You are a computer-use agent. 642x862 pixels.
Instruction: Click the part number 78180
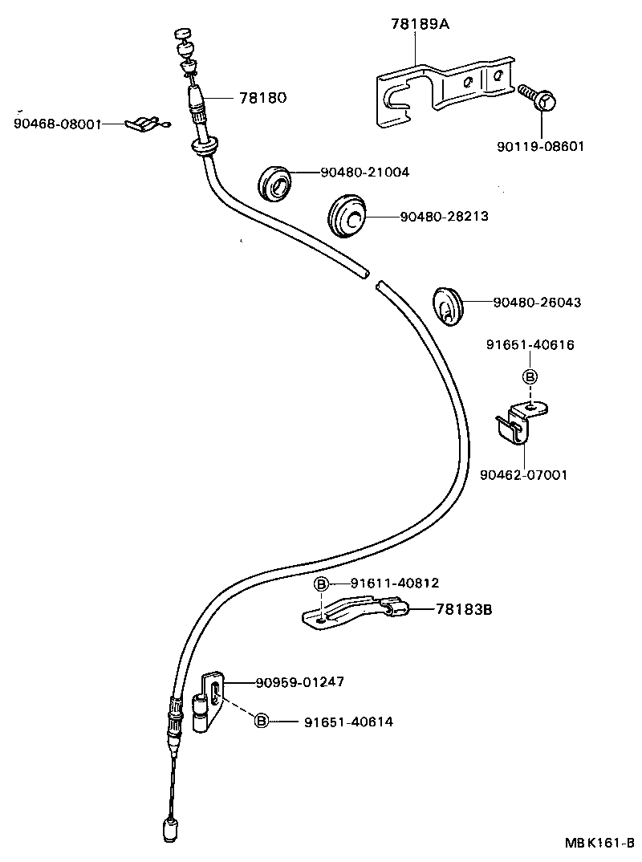(x=262, y=98)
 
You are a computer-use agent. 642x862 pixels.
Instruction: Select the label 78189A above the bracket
(x=420, y=25)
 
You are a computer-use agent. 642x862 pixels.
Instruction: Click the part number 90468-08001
(x=57, y=124)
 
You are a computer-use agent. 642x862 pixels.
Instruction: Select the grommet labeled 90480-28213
(x=348, y=215)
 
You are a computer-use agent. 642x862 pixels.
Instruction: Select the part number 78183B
(x=463, y=610)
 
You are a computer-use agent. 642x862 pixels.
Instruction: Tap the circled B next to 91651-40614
(x=262, y=722)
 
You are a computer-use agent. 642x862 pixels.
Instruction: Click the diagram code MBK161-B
(x=598, y=844)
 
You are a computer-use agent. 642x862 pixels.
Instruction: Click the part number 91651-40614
(x=348, y=722)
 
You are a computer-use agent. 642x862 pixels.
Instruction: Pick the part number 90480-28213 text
(x=444, y=216)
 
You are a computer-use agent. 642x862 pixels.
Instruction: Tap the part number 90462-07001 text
(x=523, y=475)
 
